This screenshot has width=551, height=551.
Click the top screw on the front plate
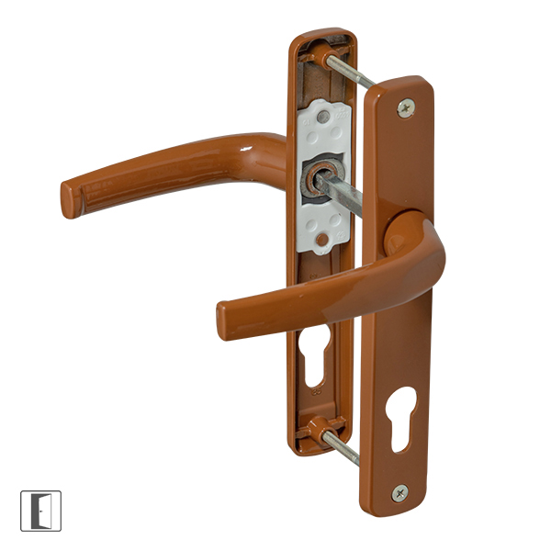point(405,108)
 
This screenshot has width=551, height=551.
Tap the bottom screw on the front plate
point(399,492)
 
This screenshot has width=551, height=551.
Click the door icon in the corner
point(40,511)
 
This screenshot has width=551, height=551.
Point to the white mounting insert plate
point(325,174)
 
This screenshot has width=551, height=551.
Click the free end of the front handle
point(225,320)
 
